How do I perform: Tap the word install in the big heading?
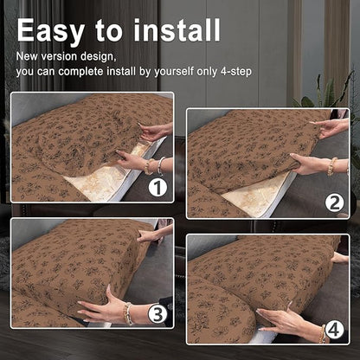point(177,29)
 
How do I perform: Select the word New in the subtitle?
point(27,56)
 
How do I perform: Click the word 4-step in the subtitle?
point(236,71)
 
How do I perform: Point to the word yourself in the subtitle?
point(174,71)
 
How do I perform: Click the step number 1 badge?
point(157,188)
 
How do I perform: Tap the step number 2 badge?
point(334,203)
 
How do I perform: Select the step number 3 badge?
point(157,314)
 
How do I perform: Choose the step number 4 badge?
point(334,330)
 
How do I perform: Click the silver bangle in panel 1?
point(161,166)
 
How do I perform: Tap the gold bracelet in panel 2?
point(331,166)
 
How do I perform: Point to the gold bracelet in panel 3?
point(127,314)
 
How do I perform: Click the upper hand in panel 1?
point(153,132)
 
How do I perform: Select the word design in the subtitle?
point(97,56)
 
